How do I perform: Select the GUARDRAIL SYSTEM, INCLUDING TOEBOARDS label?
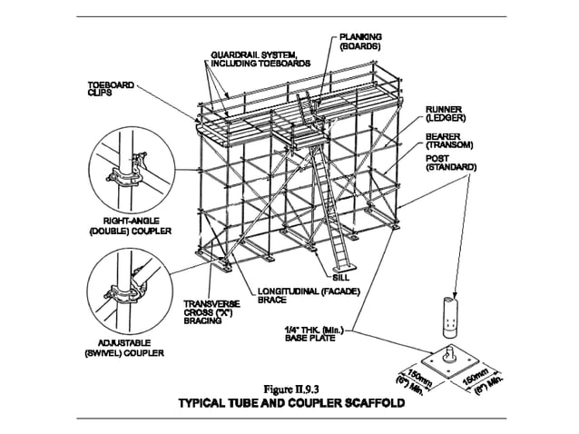click(260, 58)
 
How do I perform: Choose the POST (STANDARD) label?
click(450, 163)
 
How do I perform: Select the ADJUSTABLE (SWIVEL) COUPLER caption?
click(125, 348)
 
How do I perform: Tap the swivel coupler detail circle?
click(126, 288)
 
